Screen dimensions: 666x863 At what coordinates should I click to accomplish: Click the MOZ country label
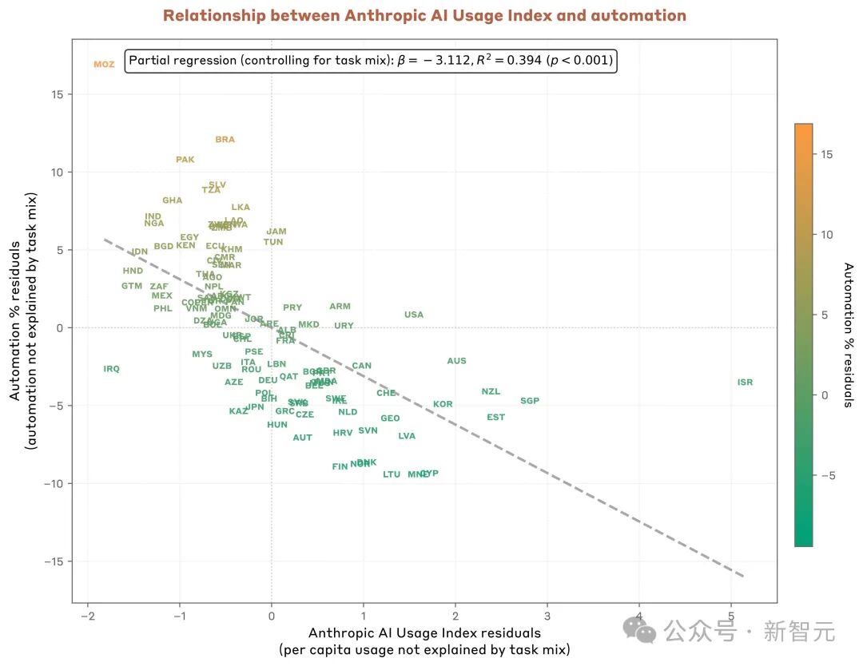(x=104, y=65)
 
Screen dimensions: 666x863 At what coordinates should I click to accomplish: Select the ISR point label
(x=745, y=383)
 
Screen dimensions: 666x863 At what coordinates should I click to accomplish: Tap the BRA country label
(x=225, y=140)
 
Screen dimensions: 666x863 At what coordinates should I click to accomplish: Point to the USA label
(x=414, y=315)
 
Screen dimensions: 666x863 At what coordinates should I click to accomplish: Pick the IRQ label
(x=111, y=369)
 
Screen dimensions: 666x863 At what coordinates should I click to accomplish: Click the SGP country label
(x=530, y=401)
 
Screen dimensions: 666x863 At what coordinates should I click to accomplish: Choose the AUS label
(x=456, y=361)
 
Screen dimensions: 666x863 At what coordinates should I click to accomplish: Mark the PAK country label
(x=185, y=160)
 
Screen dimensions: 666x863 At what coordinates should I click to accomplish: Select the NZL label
(x=491, y=391)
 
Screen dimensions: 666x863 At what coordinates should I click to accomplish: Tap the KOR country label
(x=443, y=404)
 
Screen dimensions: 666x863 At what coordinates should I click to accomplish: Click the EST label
(x=495, y=417)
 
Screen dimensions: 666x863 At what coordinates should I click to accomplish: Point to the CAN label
(x=362, y=366)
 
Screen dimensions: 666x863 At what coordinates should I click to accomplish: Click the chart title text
(x=424, y=16)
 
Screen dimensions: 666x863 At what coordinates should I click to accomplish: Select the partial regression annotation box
(x=371, y=61)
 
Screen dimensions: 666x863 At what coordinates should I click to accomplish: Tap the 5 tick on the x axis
(x=730, y=617)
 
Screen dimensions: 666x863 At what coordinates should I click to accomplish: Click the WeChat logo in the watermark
(x=640, y=631)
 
